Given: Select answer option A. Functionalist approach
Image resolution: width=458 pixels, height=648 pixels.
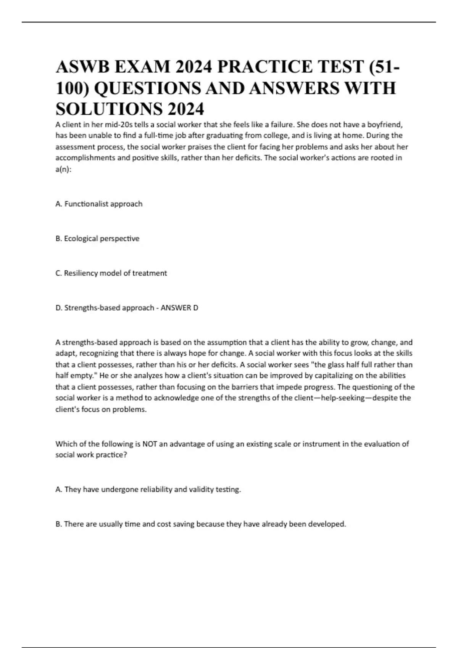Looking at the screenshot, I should coord(99,204).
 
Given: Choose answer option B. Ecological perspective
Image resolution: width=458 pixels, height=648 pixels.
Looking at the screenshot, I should coord(97,239).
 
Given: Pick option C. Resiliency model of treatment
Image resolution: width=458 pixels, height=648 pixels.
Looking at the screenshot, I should coord(111,273).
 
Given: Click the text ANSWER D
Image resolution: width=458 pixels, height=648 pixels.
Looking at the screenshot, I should coord(179,308).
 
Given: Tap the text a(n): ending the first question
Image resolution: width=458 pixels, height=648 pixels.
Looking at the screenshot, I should coord(64,169).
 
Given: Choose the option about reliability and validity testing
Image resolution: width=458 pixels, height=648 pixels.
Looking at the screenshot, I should coord(148,489).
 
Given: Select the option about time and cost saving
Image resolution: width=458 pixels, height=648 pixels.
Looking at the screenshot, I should coord(201,524).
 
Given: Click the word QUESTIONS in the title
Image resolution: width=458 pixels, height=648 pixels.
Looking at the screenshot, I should coord(148,88).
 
